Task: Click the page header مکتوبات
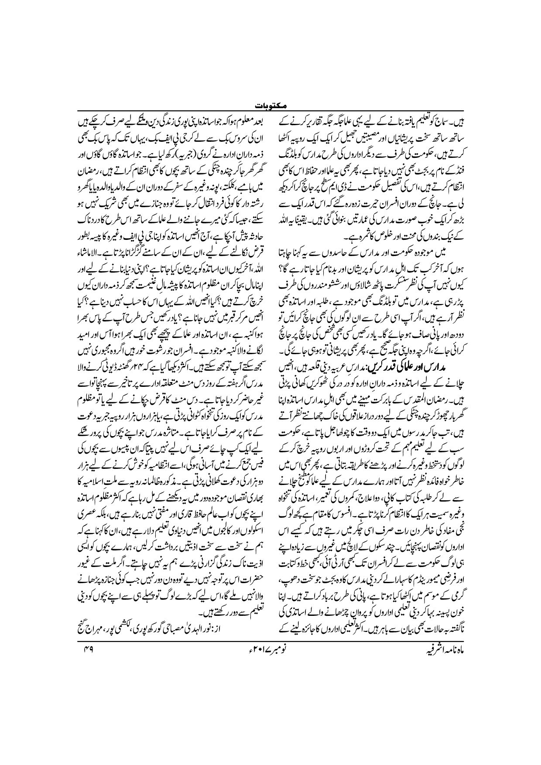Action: click(270, 106)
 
